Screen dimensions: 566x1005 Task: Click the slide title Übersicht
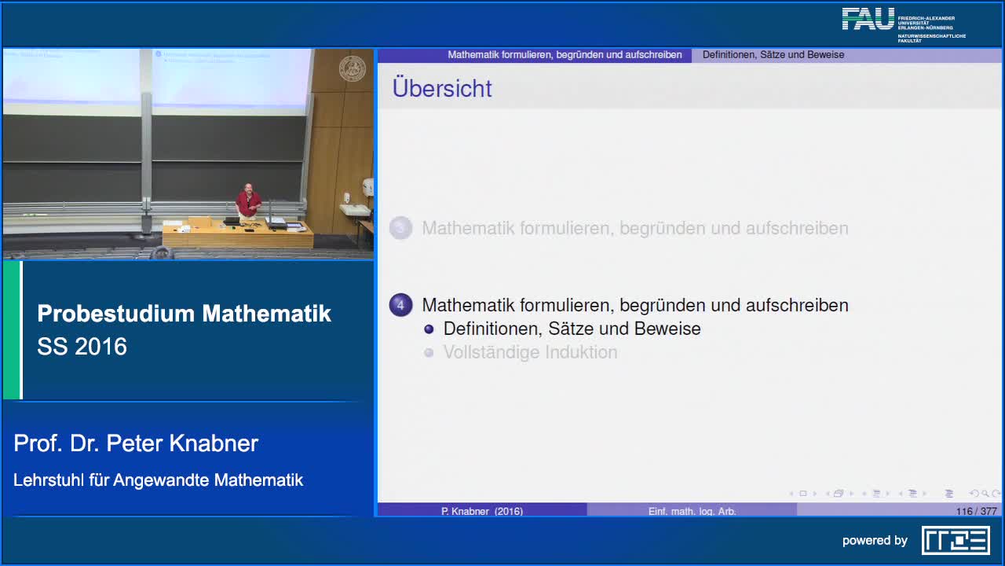[x=442, y=88]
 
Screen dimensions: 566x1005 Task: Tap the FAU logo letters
[x=868, y=19]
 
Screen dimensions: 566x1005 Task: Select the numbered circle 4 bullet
[x=401, y=305]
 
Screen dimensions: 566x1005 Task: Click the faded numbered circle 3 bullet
[x=401, y=228]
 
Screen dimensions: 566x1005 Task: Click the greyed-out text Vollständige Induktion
[x=530, y=352]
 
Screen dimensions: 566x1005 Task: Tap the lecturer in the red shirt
[x=248, y=200]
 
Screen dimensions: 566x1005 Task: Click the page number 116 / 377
[x=976, y=511]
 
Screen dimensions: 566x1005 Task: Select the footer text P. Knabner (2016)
[x=482, y=511]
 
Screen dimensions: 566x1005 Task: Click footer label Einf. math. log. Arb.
[x=692, y=511]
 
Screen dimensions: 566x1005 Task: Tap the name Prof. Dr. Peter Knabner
[x=136, y=443]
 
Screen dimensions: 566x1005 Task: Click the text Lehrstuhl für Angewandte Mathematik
[x=158, y=480]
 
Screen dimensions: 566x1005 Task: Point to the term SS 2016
[x=82, y=347]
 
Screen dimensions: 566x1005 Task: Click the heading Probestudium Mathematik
[x=184, y=314]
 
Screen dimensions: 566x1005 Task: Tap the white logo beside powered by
[x=956, y=540]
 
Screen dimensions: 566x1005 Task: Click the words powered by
[x=875, y=540]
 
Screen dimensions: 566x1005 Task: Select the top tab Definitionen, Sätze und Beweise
[x=773, y=55]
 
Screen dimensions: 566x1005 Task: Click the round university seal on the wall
[x=352, y=69]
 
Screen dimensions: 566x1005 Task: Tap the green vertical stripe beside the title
[x=12, y=330]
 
